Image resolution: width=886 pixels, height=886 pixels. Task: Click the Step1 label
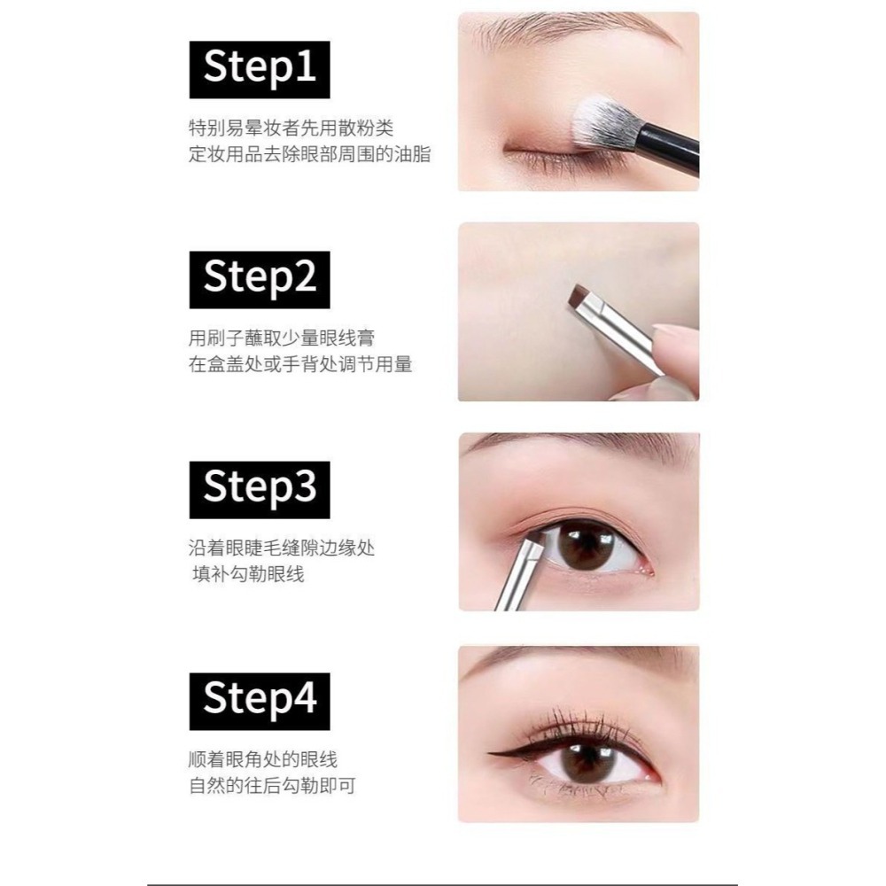pyautogui.click(x=260, y=69)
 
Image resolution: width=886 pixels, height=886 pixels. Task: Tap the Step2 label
pyautogui.click(x=260, y=280)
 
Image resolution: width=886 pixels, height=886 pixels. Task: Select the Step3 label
pyautogui.click(x=260, y=490)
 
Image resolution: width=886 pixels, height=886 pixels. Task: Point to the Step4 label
pyautogui.click(x=260, y=701)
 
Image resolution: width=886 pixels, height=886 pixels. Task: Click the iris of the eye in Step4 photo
pyautogui.click(x=587, y=762)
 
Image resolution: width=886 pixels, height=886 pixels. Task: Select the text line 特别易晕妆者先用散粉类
pyautogui.click(x=291, y=128)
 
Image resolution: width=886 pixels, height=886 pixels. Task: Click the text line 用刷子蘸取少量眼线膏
pyautogui.click(x=282, y=338)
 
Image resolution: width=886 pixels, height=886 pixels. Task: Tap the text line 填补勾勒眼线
pyautogui.click(x=248, y=574)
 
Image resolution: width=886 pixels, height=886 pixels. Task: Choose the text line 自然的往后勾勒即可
pyautogui.click(x=272, y=785)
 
